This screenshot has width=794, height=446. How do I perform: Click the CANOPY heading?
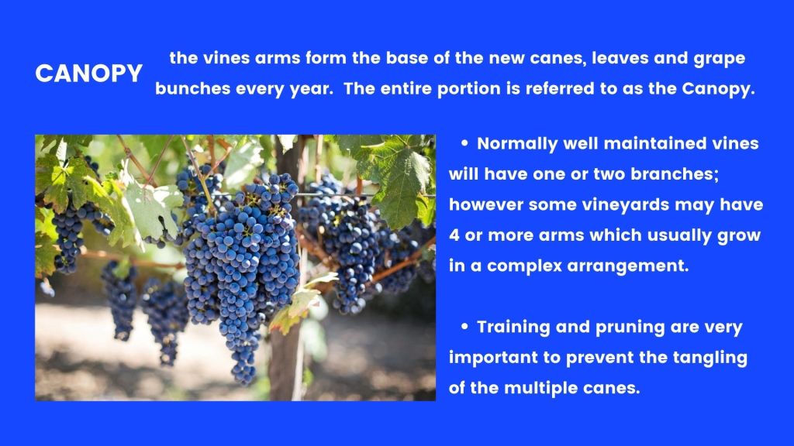(x=88, y=74)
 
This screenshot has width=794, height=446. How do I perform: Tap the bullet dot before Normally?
(x=464, y=143)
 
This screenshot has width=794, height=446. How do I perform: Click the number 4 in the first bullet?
(x=454, y=235)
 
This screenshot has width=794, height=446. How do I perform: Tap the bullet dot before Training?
(x=464, y=327)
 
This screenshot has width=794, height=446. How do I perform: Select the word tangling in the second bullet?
(x=710, y=358)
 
